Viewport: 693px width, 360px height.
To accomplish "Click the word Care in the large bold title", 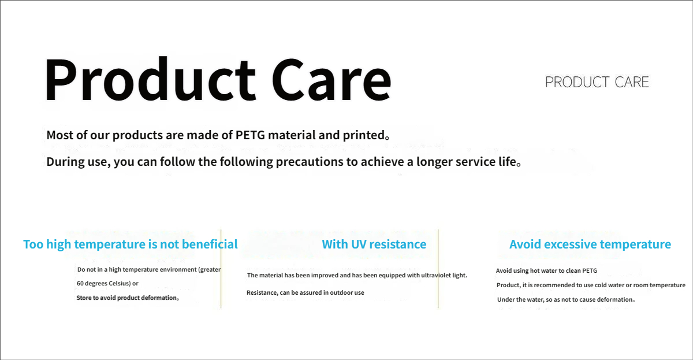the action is click(x=331, y=80).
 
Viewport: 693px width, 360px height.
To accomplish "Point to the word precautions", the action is click(x=309, y=162).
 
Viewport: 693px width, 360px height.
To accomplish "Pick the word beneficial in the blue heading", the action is click(x=210, y=244).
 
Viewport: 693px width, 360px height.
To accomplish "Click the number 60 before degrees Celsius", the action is click(x=80, y=283).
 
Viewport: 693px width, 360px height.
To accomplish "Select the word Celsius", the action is click(x=120, y=283).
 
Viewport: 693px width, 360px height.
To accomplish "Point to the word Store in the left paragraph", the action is click(x=84, y=298).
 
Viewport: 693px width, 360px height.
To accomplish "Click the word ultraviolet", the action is click(x=437, y=275).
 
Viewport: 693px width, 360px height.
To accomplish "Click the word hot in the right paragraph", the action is click(x=535, y=270).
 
